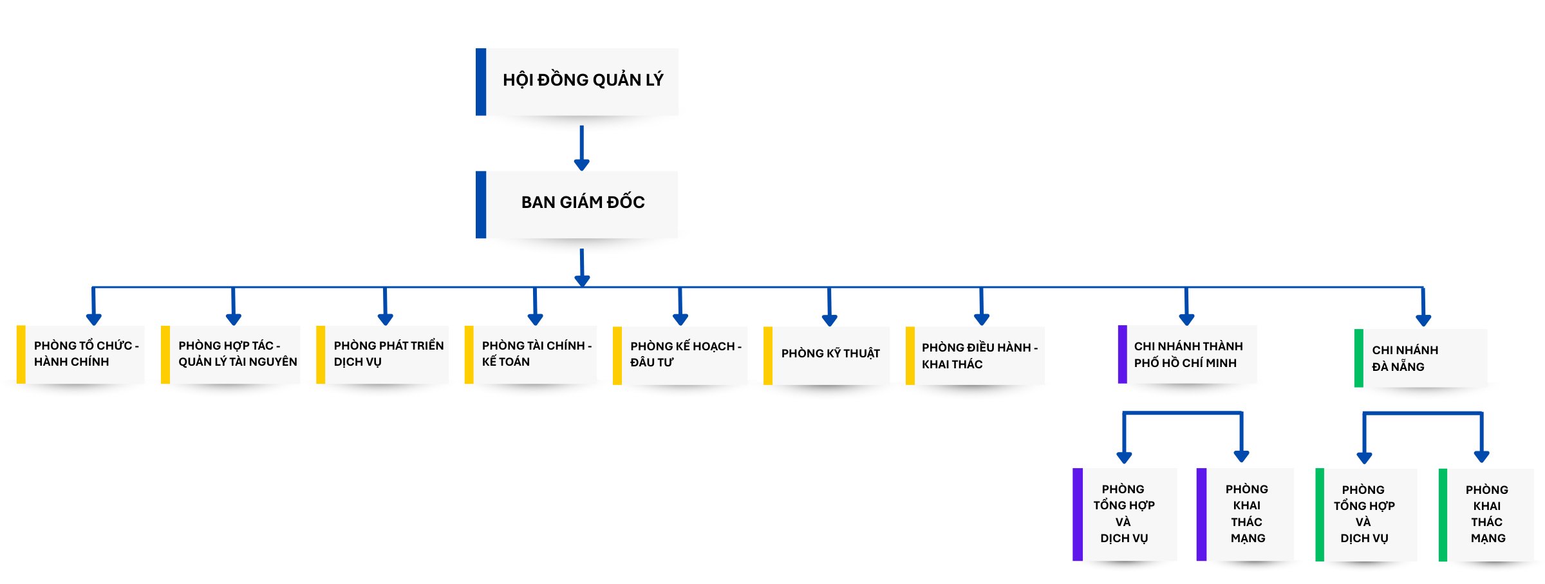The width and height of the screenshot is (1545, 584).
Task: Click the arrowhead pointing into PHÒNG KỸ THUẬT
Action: [830, 319]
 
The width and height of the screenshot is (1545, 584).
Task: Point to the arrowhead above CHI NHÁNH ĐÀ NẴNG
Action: [1423, 320]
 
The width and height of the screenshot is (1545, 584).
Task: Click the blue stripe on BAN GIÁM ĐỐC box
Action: [481, 204]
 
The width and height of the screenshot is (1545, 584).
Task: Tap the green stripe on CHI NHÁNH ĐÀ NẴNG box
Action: [1358, 358]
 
